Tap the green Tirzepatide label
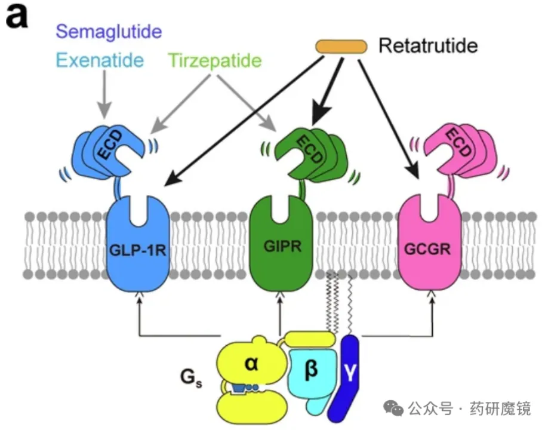pyautogui.click(x=215, y=60)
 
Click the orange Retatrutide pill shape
pyautogui.click(x=341, y=46)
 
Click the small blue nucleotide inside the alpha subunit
pyautogui.click(x=242, y=388)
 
